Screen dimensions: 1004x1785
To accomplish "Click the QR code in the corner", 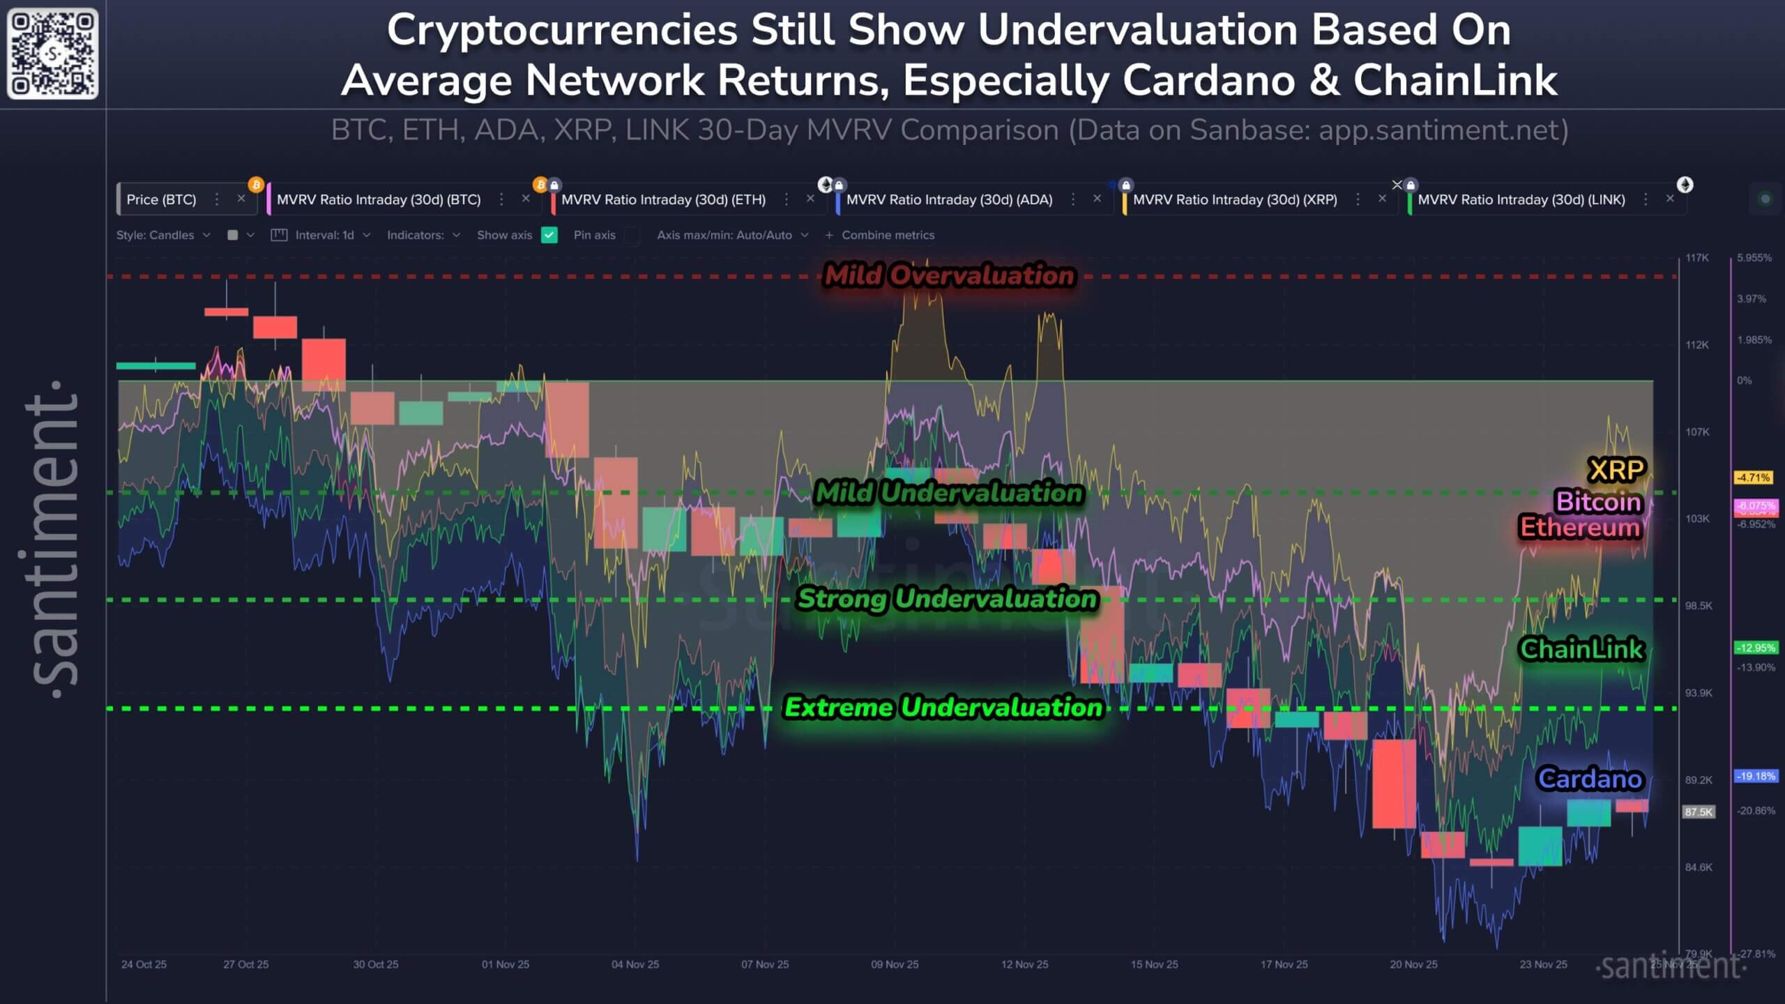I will [52, 54].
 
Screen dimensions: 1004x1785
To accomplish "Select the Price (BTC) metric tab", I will [161, 199].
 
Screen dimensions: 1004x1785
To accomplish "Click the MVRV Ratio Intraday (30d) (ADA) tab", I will [948, 199].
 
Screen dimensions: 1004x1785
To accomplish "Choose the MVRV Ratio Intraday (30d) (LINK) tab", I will [1521, 199].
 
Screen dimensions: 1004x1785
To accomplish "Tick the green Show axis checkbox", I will [549, 235].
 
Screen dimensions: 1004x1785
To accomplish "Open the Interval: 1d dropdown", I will [325, 235].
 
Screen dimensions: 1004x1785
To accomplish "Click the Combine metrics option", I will [887, 235].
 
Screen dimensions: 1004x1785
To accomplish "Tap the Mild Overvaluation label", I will [949, 275].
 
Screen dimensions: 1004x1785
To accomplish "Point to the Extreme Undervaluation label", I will [943, 708].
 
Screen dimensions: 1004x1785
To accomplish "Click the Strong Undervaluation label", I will [947, 598].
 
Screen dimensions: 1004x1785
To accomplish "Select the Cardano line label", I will [1590, 779].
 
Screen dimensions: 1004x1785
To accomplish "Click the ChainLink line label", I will [1581, 649].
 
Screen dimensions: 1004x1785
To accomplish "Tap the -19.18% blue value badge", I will [1756, 776].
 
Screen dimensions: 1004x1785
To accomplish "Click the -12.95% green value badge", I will [1756, 648].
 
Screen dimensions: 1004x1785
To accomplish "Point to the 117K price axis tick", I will [1697, 258].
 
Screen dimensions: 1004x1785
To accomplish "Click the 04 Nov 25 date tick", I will [635, 964].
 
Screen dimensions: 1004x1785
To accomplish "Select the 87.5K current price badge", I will [1698, 812].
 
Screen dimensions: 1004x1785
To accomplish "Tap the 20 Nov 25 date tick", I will [1413, 964].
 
